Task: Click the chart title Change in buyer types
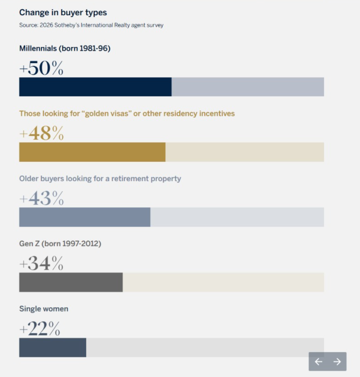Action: [63, 12]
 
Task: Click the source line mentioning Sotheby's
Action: [91, 25]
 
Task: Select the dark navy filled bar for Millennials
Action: [95, 87]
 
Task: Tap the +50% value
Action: [41, 68]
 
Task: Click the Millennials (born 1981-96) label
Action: [65, 48]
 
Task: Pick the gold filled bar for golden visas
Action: [92, 152]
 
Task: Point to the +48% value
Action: [41, 133]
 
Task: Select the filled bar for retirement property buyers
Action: [84, 217]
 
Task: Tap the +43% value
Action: [41, 198]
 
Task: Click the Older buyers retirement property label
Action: [100, 178]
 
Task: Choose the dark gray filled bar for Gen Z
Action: [71, 282]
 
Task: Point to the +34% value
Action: [41, 264]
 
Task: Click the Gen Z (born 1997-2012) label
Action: [60, 243]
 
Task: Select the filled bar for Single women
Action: [53, 348]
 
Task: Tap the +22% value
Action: [40, 329]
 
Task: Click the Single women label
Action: [43, 309]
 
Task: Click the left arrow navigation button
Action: [319, 362]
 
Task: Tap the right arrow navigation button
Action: [337, 362]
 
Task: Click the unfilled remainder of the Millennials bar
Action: [248, 87]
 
